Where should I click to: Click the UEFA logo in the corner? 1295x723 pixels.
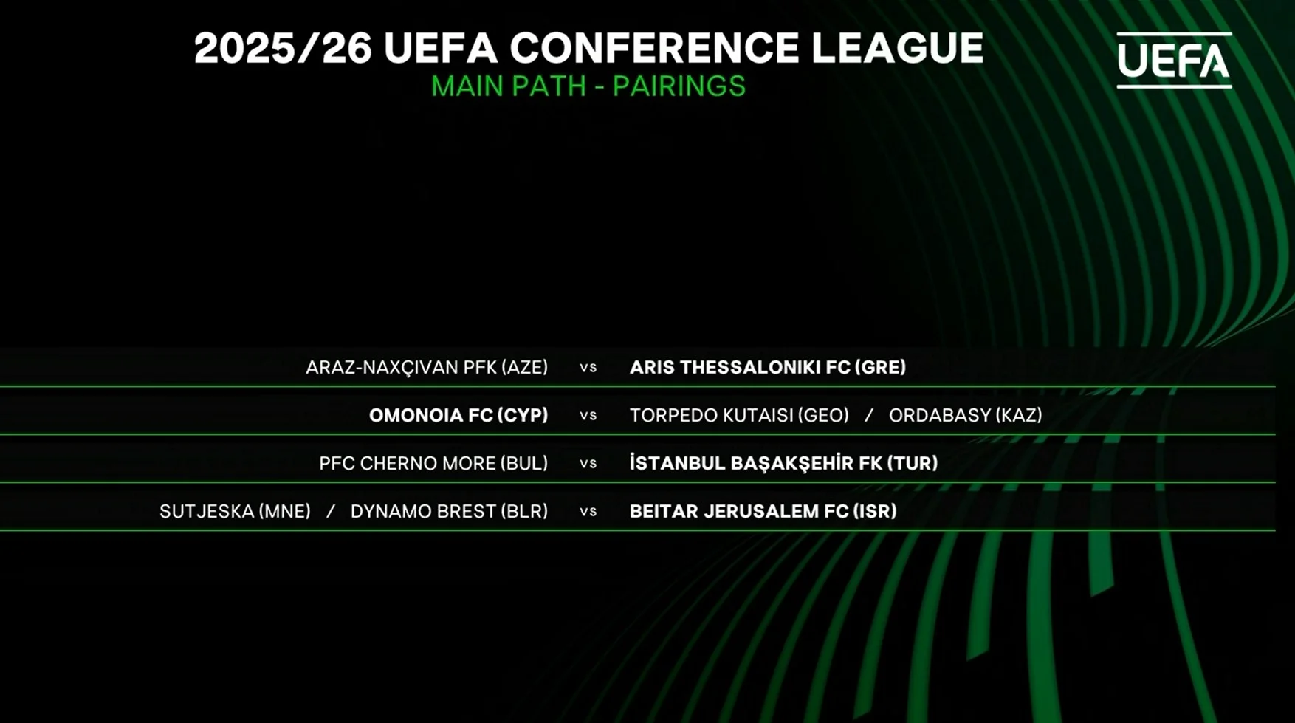pos(1174,60)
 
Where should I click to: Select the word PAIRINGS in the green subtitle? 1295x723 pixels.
pos(679,86)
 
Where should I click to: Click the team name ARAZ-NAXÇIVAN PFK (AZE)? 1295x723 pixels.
pos(427,367)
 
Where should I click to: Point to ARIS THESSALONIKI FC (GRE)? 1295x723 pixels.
pos(768,367)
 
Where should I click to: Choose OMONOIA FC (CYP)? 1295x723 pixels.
pos(458,415)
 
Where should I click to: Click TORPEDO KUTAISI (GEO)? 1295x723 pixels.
pos(739,415)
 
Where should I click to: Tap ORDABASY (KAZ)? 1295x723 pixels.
pos(966,415)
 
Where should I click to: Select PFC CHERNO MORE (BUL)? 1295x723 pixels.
pos(433,463)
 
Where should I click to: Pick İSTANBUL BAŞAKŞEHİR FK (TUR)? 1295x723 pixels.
pos(783,463)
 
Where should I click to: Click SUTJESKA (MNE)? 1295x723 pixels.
pos(235,511)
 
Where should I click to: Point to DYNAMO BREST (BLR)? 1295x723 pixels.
pos(449,511)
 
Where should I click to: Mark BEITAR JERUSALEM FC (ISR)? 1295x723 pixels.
pos(763,511)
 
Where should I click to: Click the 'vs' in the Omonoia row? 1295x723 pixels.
pos(588,416)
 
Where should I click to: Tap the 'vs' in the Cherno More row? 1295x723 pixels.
pos(588,464)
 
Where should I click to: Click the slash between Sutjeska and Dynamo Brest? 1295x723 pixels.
pos(331,511)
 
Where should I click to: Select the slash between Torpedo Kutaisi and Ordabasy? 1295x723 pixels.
pos(869,415)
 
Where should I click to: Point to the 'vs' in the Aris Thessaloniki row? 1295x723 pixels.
pos(588,368)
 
